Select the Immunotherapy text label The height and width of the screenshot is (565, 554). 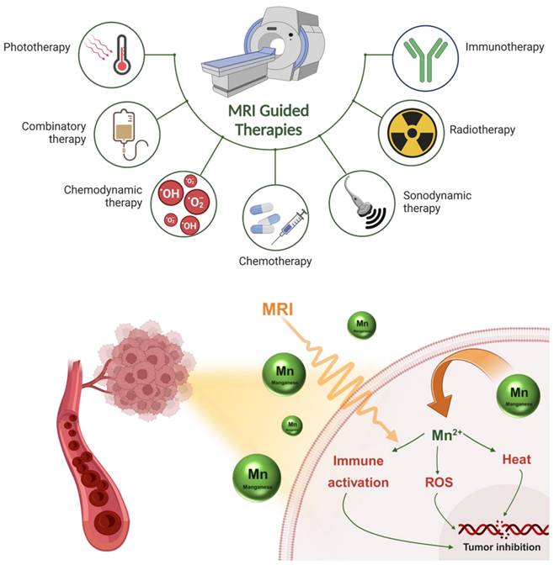click(x=504, y=47)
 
